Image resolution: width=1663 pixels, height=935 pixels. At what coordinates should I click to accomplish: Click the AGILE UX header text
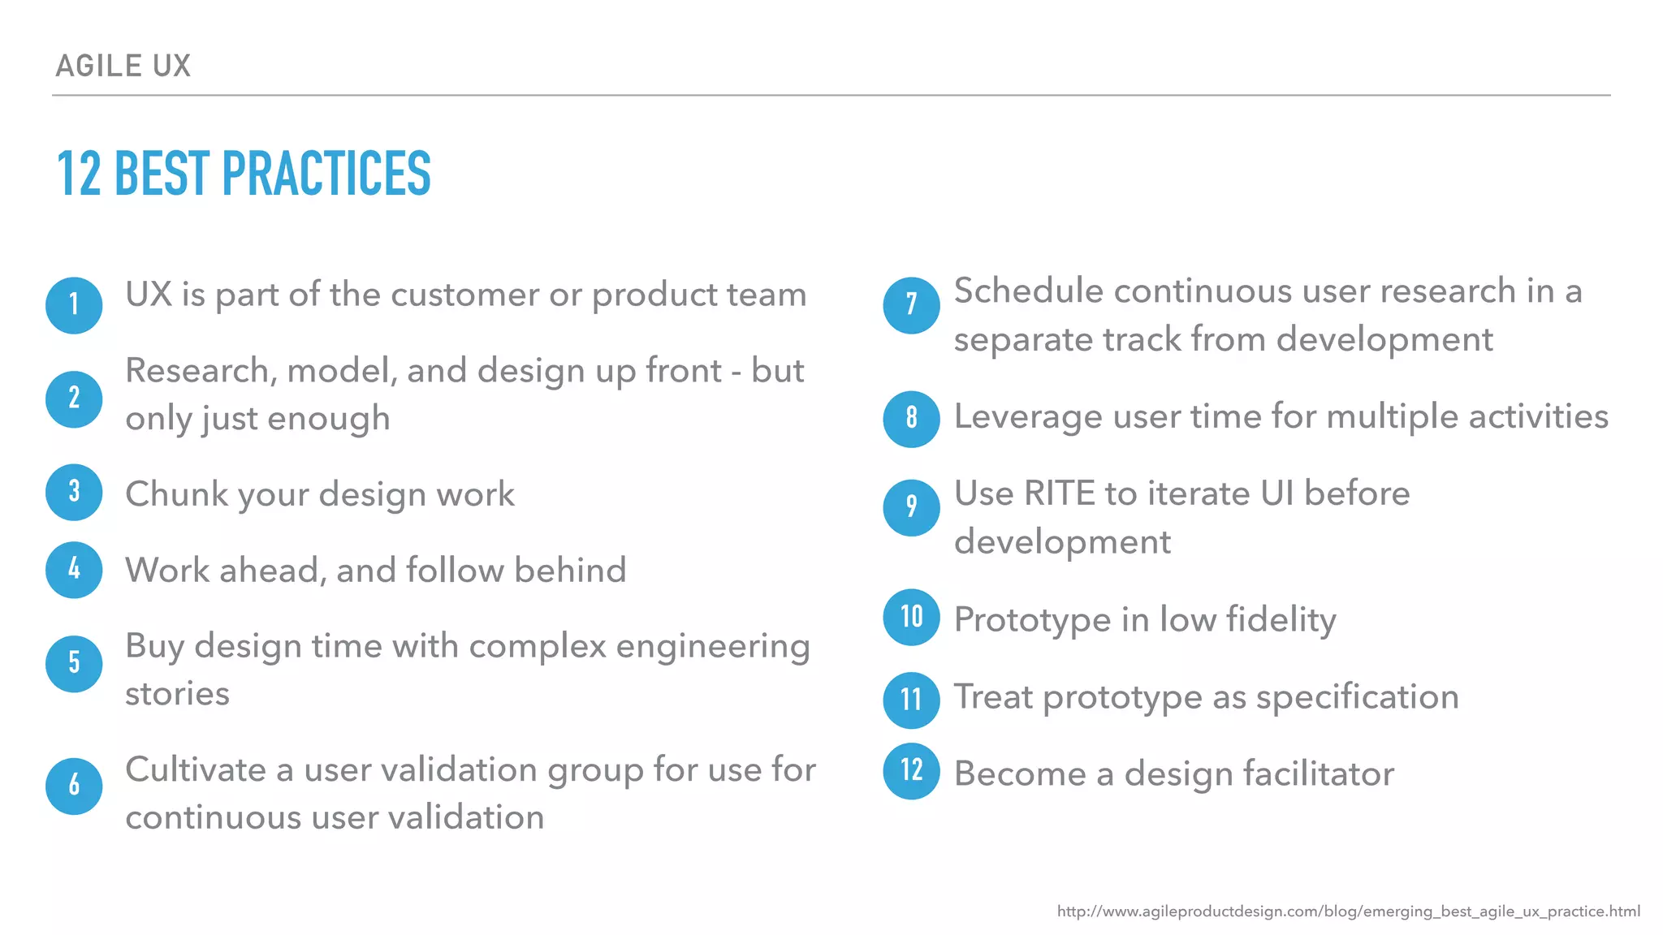[123, 66]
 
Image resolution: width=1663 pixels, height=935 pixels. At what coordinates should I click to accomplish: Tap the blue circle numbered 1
[74, 305]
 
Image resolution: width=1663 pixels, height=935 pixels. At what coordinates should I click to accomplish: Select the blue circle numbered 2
[74, 399]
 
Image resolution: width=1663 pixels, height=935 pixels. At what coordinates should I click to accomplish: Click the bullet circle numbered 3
[74, 492]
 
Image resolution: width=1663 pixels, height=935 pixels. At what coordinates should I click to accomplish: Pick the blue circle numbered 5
[74, 663]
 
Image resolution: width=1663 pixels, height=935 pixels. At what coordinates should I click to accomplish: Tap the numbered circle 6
[74, 786]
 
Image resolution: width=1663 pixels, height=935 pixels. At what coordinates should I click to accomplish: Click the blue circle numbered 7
[911, 305]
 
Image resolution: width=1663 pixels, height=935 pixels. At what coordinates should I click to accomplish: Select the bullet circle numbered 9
[911, 507]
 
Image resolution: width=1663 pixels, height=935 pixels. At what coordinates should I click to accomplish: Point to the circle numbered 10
[911, 617]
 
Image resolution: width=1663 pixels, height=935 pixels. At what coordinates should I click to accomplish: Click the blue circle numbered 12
[911, 770]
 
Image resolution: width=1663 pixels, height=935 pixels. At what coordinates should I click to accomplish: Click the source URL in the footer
[1348, 911]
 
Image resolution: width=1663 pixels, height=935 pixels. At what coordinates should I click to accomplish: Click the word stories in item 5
[177, 694]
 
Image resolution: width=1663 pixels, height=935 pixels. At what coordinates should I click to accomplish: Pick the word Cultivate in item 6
[195, 769]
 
